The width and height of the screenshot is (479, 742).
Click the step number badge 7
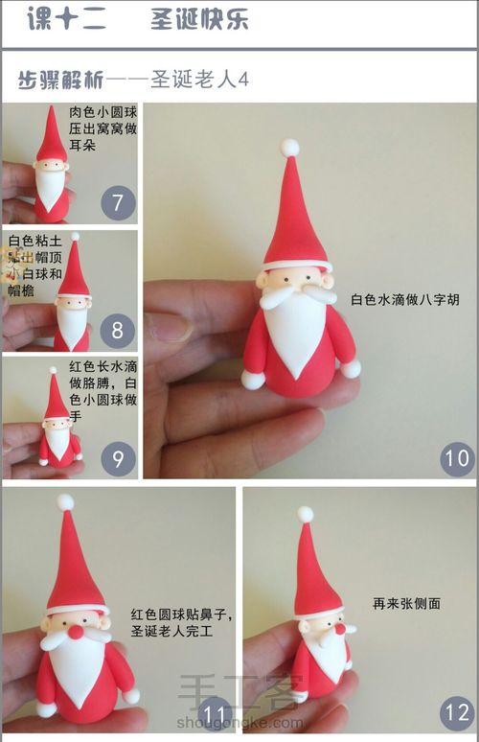(118, 203)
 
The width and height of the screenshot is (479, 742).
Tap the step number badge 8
(118, 332)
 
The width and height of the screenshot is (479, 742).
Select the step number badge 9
(118, 459)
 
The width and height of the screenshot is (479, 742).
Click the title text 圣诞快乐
(199, 20)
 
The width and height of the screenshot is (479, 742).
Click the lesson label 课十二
(66, 20)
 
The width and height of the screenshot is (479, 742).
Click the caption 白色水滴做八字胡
(405, 299)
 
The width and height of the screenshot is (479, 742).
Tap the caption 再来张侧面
(406, 604)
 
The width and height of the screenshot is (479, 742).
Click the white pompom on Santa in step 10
(289, 148)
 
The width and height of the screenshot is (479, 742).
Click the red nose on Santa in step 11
(76, 632)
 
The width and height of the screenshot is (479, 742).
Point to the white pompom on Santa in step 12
(306, 514)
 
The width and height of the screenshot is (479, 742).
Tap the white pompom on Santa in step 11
(65, 502)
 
